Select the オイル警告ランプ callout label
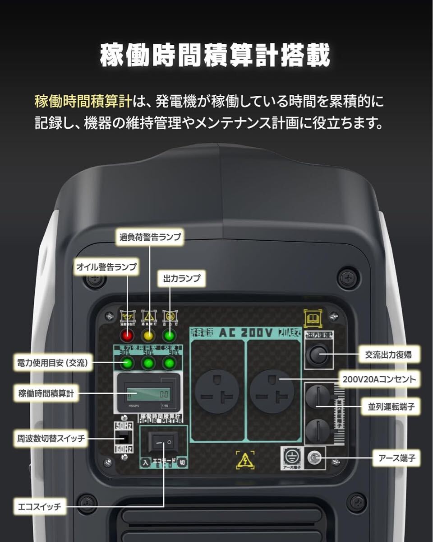pos(106,267)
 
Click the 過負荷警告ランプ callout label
pos(150,237)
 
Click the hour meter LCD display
pos(148,394)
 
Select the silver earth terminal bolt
pos(314,459)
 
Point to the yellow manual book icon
pos(313,318)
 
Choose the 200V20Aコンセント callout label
pos(379,379)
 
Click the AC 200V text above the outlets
pos(246,333)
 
